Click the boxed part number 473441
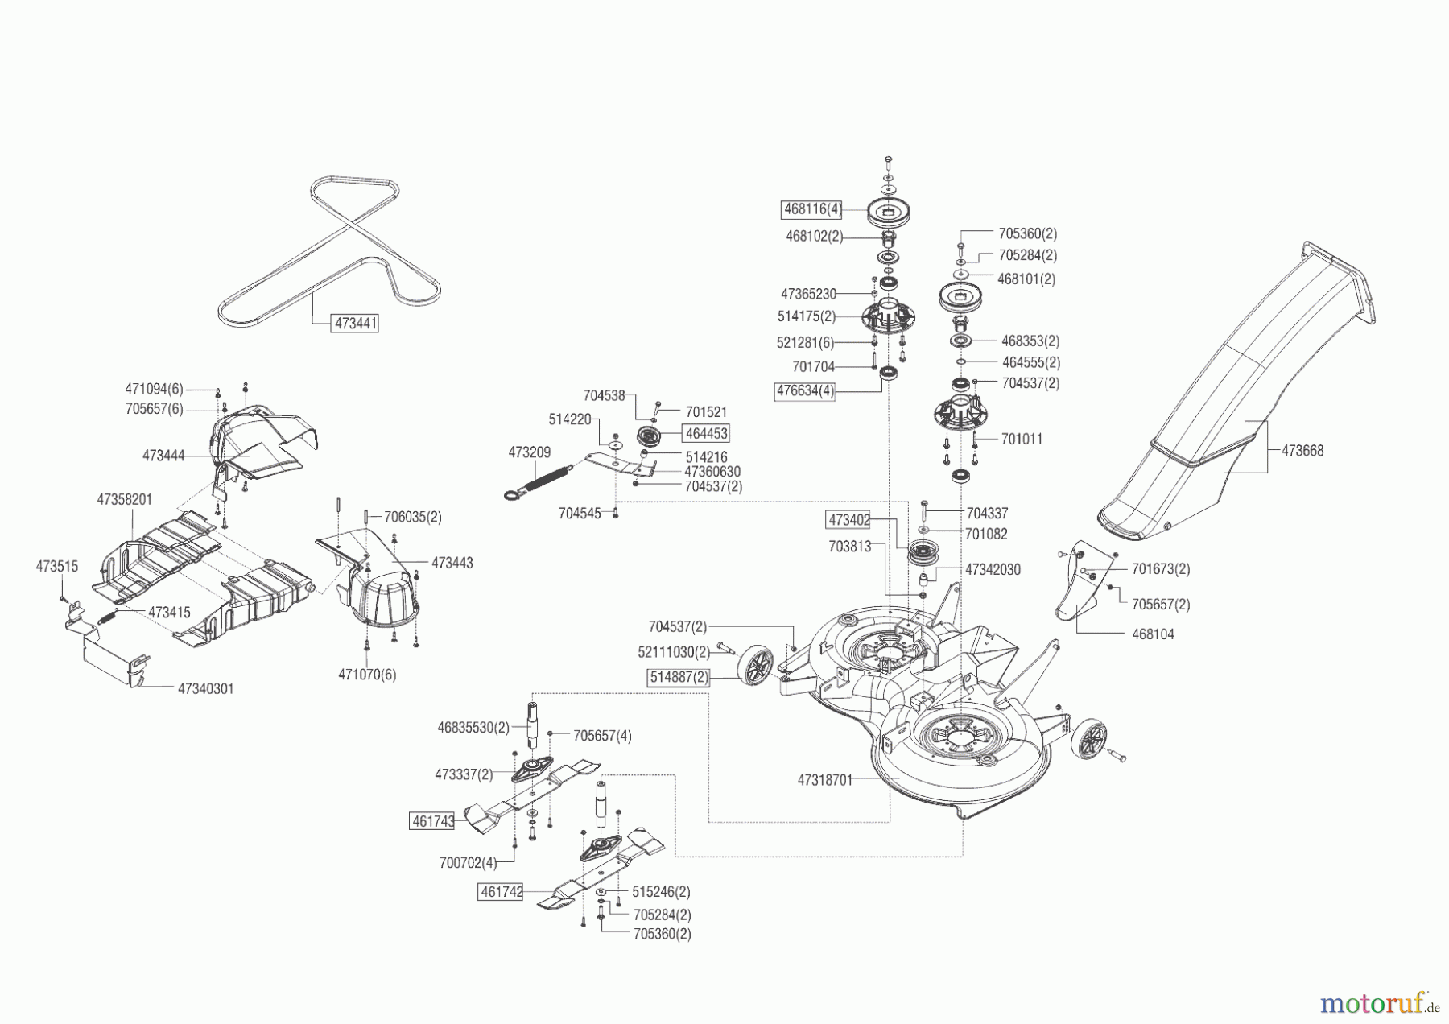tap(355, 324)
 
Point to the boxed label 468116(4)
tap(811, 210)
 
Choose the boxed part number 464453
tap(706, 433)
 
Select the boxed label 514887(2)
tap(679, 678)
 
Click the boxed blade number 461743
tap(433, 822)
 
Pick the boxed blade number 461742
tap(500, 892)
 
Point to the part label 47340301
tap(206, 689)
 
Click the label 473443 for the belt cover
tap(452, 564)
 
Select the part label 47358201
tap(125, 499)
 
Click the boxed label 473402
tap(849, 520)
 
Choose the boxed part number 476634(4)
tap(804, 392)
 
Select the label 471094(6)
tap(154, 388)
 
